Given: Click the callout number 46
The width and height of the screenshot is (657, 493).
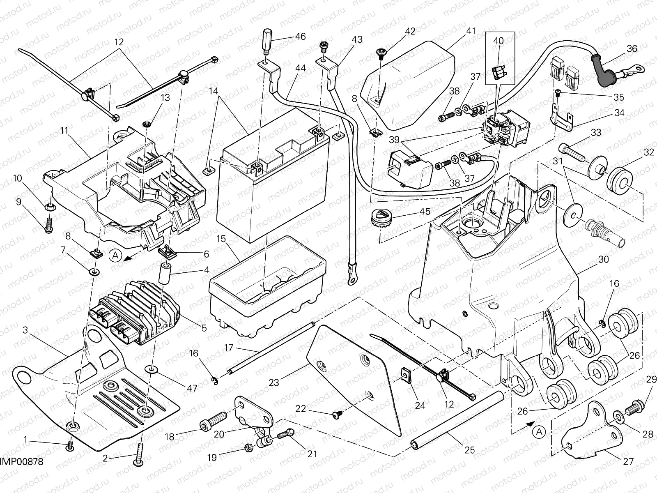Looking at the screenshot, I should point(300,37).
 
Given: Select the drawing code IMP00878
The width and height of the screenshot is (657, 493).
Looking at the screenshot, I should point(21,463).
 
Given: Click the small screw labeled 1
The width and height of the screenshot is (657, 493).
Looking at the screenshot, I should point(70,444).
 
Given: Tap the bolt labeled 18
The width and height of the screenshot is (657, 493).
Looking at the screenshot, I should point(213,420).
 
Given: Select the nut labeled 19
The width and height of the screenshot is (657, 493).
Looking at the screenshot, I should point(249,447).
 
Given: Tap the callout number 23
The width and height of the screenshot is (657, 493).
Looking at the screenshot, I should point(274,382).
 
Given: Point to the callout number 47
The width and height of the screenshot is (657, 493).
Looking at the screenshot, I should point(191,387).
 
